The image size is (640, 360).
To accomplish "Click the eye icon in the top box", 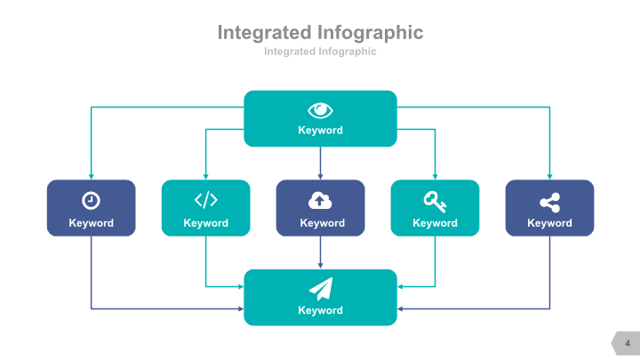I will point(320,110).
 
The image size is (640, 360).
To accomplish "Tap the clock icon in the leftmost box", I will point(91,200).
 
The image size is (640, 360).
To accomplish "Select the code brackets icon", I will point(205,199).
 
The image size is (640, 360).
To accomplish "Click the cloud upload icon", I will point(320,199).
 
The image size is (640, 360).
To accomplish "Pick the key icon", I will point(435,199).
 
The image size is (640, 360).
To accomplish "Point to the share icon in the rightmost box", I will point(549,200).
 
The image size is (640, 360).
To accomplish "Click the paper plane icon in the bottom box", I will point(320,288).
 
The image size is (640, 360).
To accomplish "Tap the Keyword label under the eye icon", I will point(320,131).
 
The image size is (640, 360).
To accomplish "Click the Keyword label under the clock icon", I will point(92,223).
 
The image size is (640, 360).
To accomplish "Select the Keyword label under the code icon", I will point(205,223).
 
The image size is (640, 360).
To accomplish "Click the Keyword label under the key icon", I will point(435,223).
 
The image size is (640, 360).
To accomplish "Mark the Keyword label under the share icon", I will point(549,223).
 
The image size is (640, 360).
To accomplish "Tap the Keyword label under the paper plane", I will point(320,310).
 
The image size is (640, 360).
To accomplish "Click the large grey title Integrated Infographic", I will point(320,33).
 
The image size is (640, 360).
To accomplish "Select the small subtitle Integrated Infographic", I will point(320,52).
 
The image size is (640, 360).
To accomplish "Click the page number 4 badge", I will point(627,343).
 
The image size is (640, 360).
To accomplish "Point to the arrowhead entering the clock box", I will point(91,176).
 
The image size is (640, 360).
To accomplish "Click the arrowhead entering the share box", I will point(549,176).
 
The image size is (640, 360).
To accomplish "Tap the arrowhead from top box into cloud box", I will point(320,176).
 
